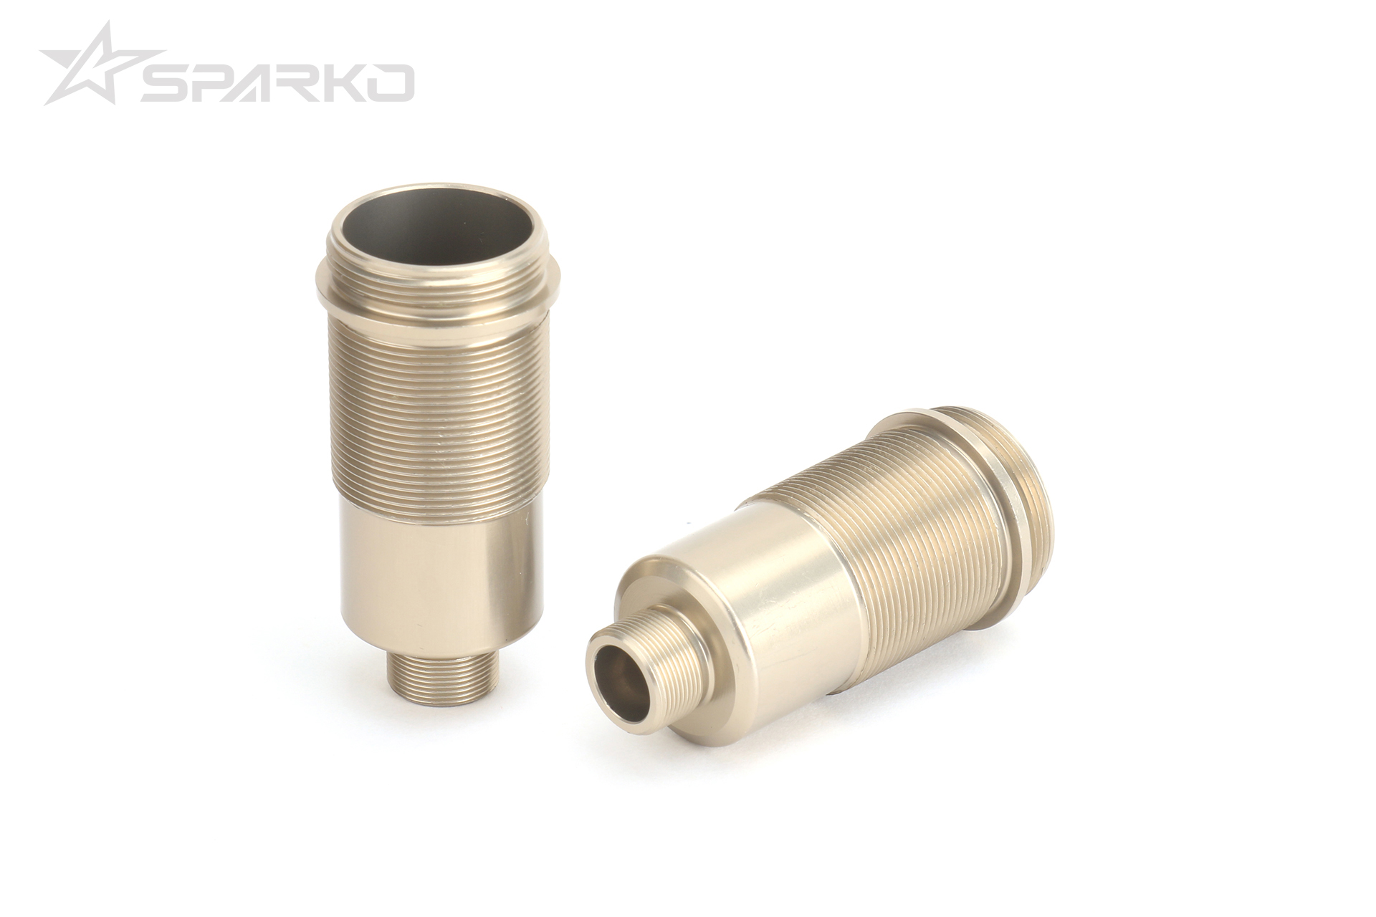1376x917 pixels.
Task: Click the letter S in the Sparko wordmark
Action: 163,83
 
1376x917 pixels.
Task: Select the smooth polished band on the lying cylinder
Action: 781,573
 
